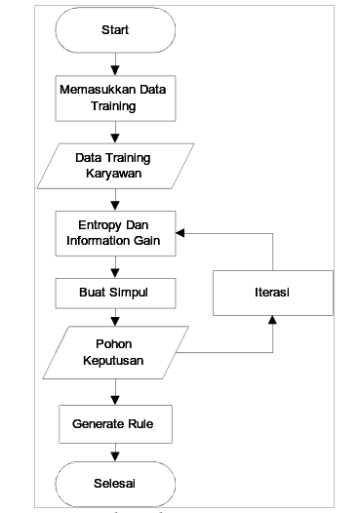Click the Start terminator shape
[115, 31]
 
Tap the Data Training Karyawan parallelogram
[115, 165]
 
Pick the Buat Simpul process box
[115, 292]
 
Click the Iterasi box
[273, 292]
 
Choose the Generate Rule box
[115, 425]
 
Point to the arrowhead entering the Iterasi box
[273, 320]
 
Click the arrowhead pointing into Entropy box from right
[181, 234]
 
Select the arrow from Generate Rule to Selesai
[115, 454]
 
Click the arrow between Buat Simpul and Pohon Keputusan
[115, 320]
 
